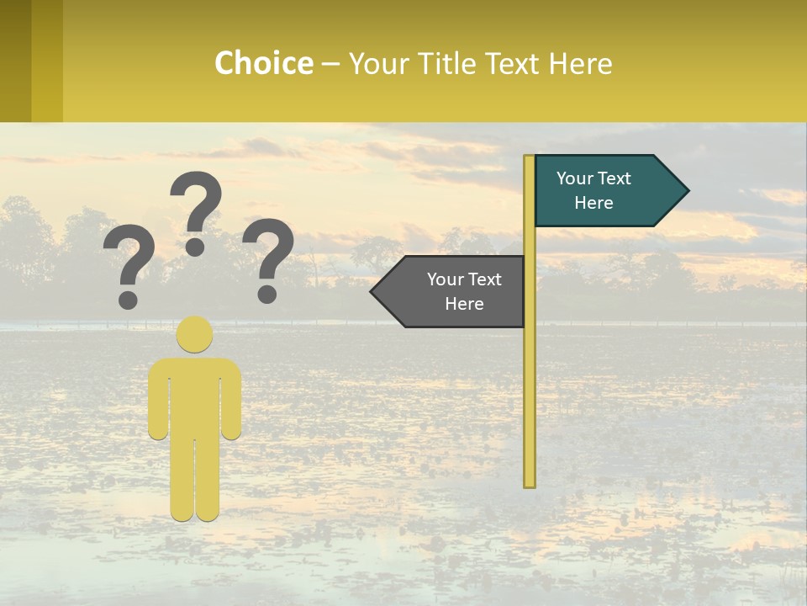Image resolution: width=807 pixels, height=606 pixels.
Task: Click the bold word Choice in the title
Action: point(263,64)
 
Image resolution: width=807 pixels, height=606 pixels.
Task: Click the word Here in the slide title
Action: point(581,64)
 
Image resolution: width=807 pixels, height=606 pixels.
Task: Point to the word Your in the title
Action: point(379,64)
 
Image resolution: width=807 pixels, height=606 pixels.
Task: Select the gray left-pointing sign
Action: point(454,291)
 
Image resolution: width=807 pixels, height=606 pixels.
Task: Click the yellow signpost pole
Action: point(530,379)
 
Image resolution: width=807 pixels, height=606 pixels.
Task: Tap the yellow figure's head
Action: point(195,334)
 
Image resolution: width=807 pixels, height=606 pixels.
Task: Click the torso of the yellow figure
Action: point(195,396)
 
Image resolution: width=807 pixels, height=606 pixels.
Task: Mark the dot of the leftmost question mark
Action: point(128,299)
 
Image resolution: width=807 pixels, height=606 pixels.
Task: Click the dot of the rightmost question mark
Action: point(267,294)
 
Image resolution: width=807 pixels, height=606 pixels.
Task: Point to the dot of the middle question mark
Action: point(195,247)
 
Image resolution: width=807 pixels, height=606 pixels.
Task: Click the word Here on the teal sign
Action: point(593,203)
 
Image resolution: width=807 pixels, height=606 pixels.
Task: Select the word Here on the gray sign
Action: point(464,304)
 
